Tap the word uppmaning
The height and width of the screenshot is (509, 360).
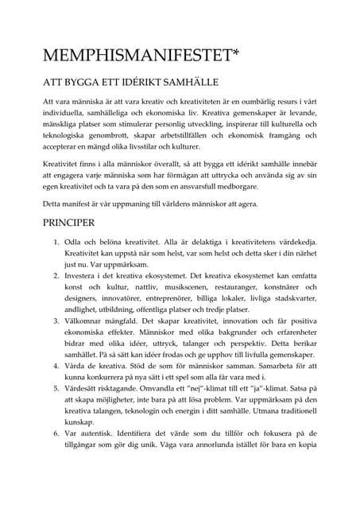[130, 204]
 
